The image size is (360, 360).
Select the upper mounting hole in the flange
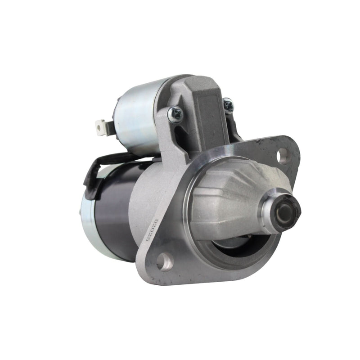tap(283, 156)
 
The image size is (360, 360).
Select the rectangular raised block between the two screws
tap(205, 108)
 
